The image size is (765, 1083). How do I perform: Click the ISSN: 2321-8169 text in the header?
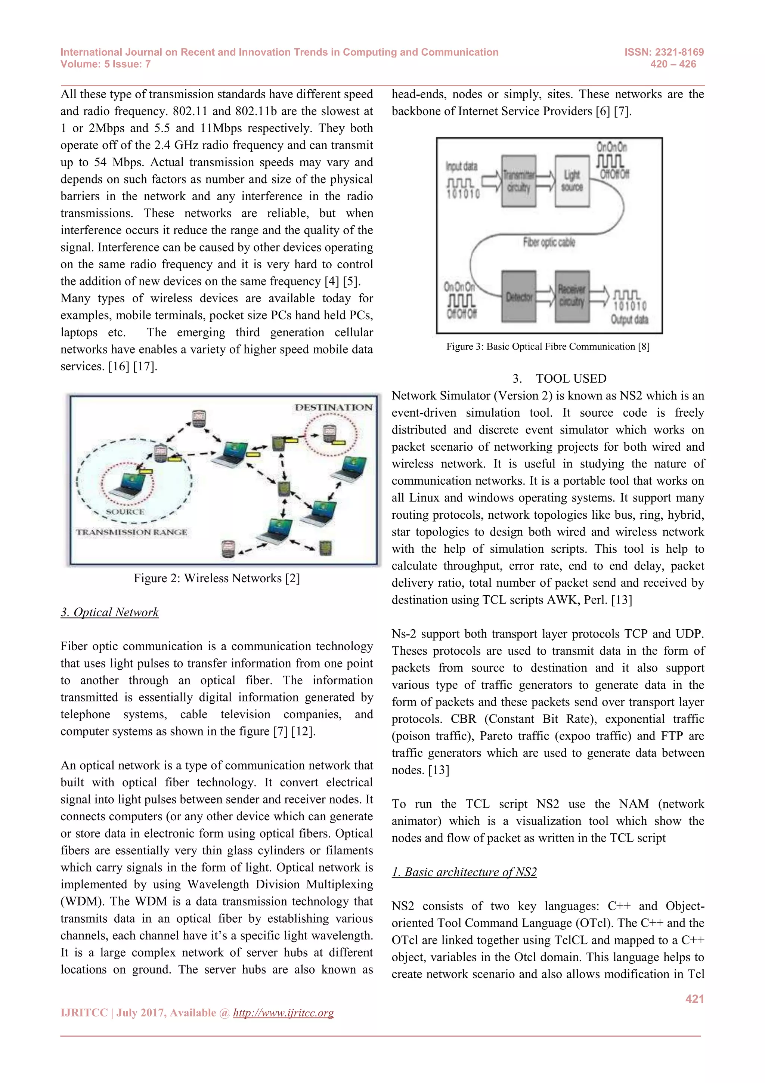click(x=664, y=52)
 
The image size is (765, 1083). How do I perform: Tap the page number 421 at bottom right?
click(x=694, y=999)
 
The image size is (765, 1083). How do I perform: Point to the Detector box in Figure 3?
click(x=518, y=296)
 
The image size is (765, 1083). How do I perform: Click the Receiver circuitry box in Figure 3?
click(x=572, y=296)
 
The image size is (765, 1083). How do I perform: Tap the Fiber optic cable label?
click(x=549, y=243)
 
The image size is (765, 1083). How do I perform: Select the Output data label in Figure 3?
click(x=629, y=320)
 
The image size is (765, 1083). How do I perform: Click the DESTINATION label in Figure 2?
click(x=333, y=407)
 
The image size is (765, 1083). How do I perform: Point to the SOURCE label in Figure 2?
click(x=125, y=512)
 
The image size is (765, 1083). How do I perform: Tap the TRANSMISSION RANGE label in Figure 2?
click(x=131, y=532)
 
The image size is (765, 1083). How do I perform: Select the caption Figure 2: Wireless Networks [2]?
click(x=216, y=578)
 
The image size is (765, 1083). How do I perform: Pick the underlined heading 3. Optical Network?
click(x=109, y=612)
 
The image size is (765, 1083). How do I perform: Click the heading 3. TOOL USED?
click(x=560, y=378)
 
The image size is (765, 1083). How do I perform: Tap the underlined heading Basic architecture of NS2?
click(x=464, y=872)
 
